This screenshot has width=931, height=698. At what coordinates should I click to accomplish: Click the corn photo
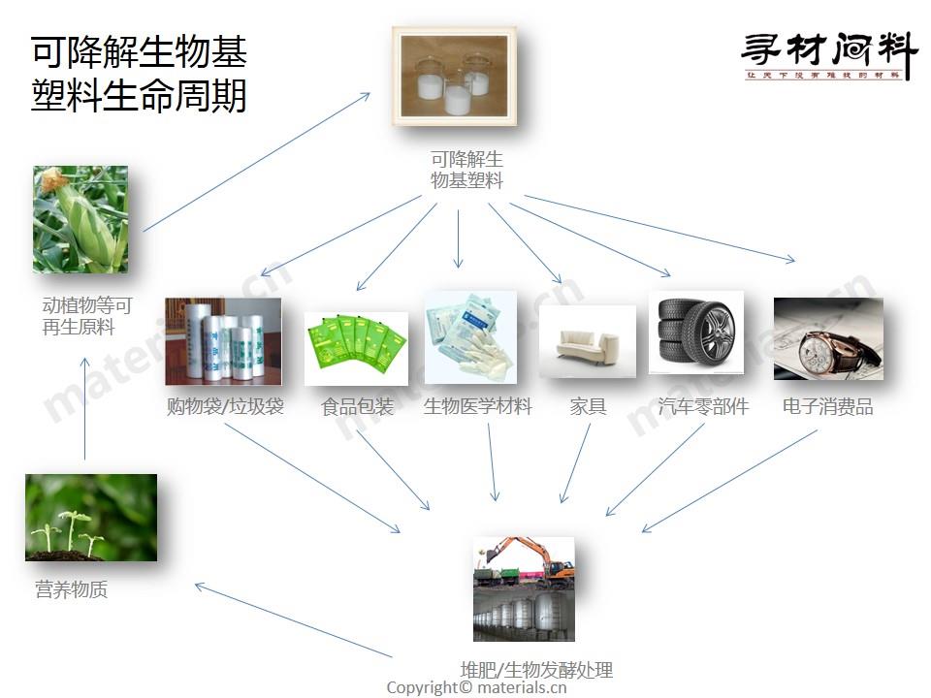[80, 219]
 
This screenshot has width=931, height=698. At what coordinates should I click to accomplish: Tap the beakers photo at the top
[454, 76]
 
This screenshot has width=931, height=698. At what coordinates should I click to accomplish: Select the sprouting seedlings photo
[91, 518]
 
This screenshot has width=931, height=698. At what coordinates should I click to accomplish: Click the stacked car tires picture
[695, 333]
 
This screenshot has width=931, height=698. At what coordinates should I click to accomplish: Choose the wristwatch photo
[828, 339]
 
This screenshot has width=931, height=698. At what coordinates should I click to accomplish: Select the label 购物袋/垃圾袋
[225, 407]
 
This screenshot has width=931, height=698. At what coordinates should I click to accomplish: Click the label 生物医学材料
[478, 407]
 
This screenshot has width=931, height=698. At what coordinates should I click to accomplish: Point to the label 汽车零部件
[703, 407]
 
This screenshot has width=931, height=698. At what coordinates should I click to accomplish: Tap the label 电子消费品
[828, 407]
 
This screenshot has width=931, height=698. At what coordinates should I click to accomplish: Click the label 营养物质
[72, 589]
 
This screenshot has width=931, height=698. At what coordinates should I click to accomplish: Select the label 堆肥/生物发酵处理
[536, 670]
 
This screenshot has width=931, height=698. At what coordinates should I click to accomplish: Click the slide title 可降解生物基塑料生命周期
[139, 74]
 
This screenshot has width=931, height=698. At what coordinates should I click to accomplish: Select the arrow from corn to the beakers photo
[257, 162]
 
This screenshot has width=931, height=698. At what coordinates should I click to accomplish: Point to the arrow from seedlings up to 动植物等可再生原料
[85, 407]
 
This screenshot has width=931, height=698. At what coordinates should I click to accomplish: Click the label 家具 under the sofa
[588, 407]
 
